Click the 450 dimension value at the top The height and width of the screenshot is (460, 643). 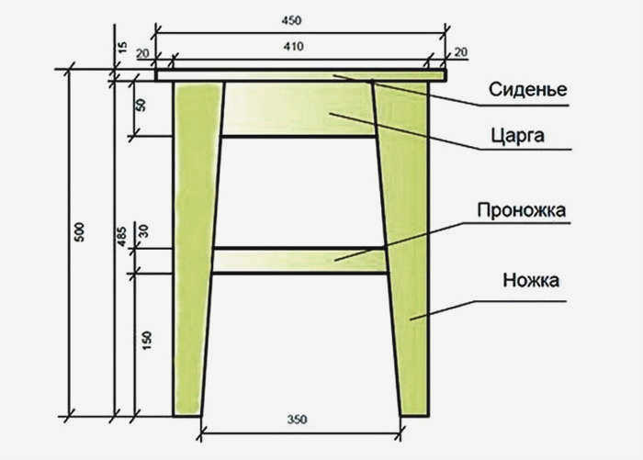tap(291, 20)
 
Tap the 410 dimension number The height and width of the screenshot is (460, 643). tap(294, 46)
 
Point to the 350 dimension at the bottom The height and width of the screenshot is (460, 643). tap(297, 420)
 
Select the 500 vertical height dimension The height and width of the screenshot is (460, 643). tap(80, 231)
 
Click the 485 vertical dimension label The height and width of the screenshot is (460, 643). tap(122, 237)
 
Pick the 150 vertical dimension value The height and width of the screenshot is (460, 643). tap(146, 340)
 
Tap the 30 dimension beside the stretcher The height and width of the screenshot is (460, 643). tap(144, 231)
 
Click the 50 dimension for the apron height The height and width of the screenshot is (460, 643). tap(141, 105)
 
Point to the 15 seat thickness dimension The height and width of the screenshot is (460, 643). tap(122, 48)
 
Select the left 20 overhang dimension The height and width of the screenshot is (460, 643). tap(142, 53)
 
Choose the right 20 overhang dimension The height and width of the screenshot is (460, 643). tap(460, 52)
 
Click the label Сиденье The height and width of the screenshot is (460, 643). tap(528, 89)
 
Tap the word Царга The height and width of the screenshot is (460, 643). tap(518, 136)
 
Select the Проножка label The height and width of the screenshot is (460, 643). tap(521, 210)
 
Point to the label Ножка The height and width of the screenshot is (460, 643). tap(531, 280)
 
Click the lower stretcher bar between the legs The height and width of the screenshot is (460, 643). tap(299, 261)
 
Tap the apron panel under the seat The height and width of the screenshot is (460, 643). tap(299, 108)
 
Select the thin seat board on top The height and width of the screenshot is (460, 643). tap(300, 75)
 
